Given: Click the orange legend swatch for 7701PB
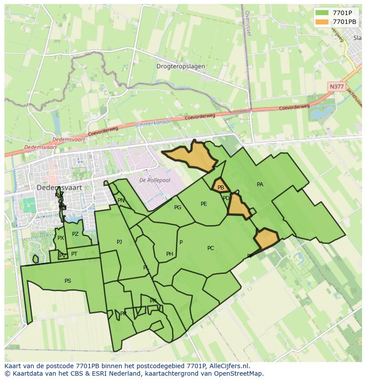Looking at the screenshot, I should pyautogui.click(x=322, y=22).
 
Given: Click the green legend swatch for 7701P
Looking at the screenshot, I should pyautogui.click(x=322, y=13).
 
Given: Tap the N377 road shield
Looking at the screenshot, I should pyautogui.click(x=336, y=87).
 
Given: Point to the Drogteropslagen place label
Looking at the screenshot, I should pyautogui.click(x=180, y=66).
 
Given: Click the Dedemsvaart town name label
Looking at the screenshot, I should pyautogui.click(x=59, y=188).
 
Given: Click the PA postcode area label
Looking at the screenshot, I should pyautogui.click(x=260, y=185).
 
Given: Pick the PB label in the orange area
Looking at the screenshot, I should pyautogui.click(x=221, y=188).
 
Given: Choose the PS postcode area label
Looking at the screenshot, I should pyautogui.click(x=68, y=281).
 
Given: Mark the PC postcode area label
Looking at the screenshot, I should pyautogui.click(x=210, y=248).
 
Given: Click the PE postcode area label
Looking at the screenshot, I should pyautogui.click(x=204, y=204).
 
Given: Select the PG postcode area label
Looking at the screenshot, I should pyautogui.click(x=178, y=208).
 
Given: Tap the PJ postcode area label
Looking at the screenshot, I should pyautogui.click(x=119, y=242).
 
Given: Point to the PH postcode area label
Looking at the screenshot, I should pyautogui.click(x=169, y=254).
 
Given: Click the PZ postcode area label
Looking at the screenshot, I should pyautogui.click(x=75, y=234).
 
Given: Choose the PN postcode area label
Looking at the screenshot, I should pyautogui.click(x=121, y=200).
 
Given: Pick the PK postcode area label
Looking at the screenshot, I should pyautogui.click(x=153, y=301).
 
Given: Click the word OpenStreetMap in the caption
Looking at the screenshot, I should pyautogui.click(x=239, y=373).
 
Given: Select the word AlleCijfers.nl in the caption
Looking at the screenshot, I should pyautogui.click(x=228, y=366).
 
